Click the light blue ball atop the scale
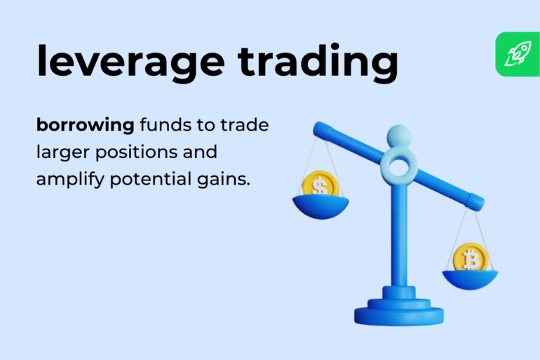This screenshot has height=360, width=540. pos(398,134)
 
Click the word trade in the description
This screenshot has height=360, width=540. pos(245,126)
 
